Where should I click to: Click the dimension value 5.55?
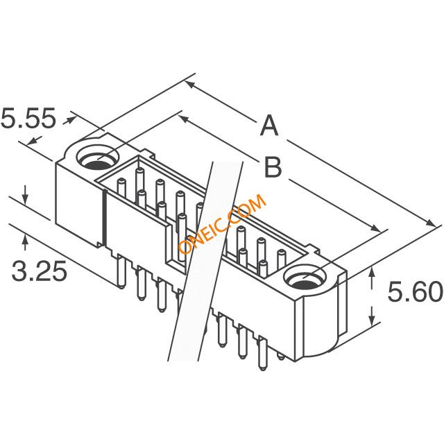pyautogui.click(x=28, y=119)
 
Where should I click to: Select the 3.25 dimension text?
pyautogui.click(x=39, y=271)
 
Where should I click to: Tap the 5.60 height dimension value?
pyautogui.click(x=415, y=291)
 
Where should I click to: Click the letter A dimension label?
pyautogui.click(x=269, y=125)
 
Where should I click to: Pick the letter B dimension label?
pyautogui.click(x=273, y=167)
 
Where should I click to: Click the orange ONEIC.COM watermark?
pyautogui.click(x=222, y=224)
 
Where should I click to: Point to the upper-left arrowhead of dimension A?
pyautogui.click(x=189, y=85)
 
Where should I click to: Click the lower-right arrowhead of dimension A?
pyautogui.click(x=431, y=223)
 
